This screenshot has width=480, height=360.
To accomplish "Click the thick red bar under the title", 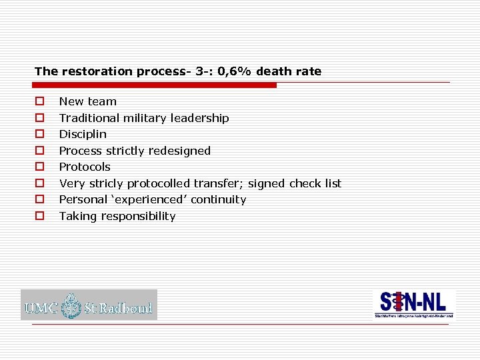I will point(155,85).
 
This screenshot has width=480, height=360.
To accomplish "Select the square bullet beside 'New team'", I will point(40,102).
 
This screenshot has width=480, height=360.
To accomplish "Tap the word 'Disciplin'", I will point(83,134).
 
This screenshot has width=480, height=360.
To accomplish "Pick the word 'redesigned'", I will point(180,151).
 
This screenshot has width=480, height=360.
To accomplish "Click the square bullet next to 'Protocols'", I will point(40,167).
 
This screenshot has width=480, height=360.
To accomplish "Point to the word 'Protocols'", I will point(85,167).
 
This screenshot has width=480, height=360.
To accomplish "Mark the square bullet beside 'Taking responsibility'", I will point(40,216).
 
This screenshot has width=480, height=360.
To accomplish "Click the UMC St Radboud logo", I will point(89,305).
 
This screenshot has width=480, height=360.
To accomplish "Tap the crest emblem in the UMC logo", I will point(71,306).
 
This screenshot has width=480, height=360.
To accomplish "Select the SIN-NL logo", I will point(413,304).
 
